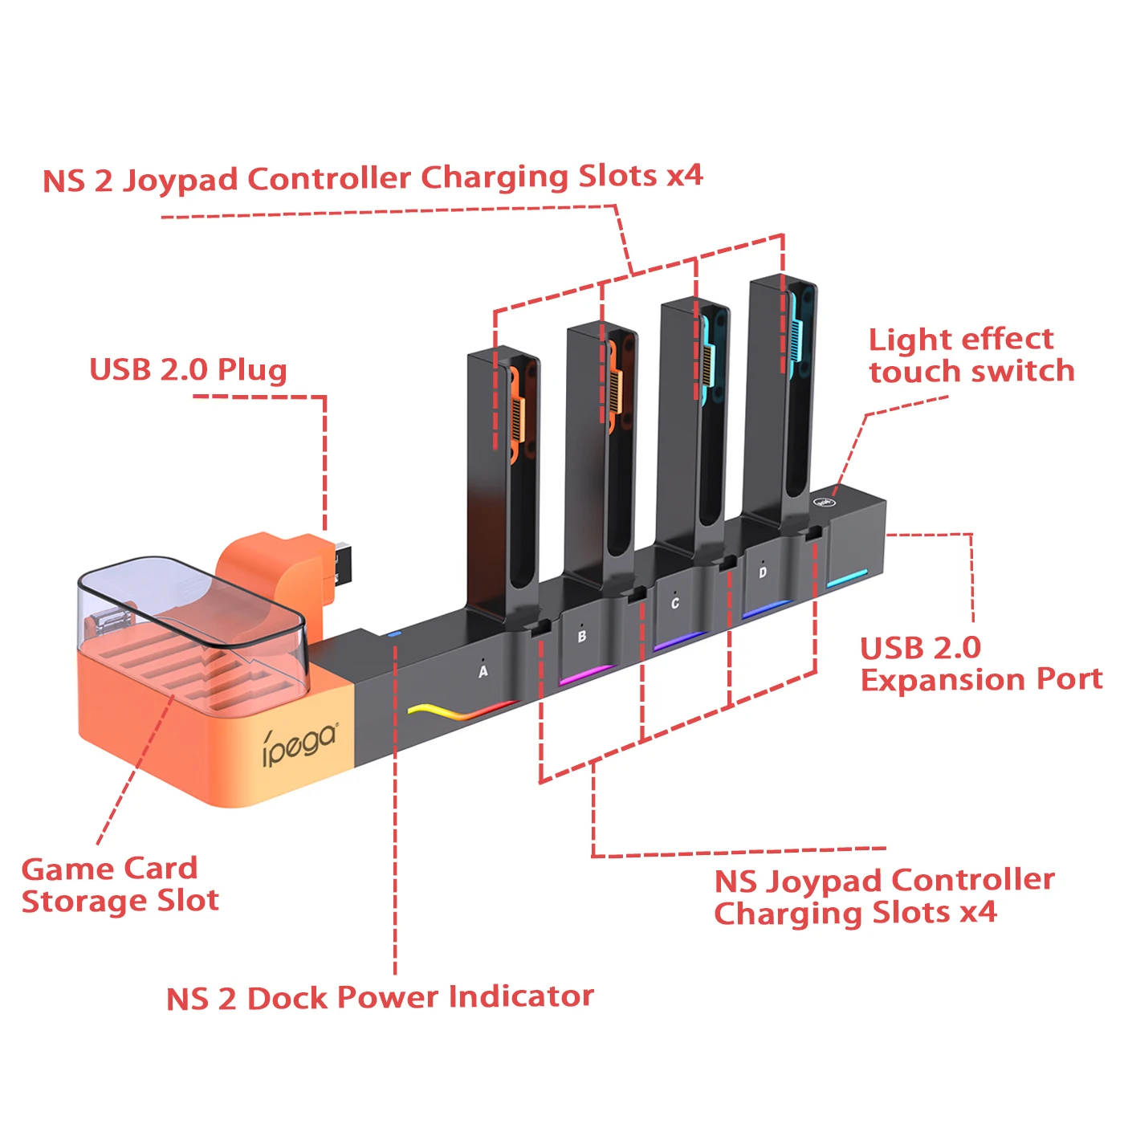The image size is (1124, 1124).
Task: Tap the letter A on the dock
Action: click(x=483, y=671)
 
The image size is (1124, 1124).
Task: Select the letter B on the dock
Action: click(x=582, y=637)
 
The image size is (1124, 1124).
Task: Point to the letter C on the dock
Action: click(x=675, y=604)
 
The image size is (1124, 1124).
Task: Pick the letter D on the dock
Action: click(x=763, y=572)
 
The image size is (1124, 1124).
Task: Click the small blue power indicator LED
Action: click(x=393, y=634)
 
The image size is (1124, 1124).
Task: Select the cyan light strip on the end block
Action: click(x=847, y=578)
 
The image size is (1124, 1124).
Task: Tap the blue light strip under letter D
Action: click(x=767, y=609)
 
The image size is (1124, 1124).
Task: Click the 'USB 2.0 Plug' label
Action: click(x=188, y=370)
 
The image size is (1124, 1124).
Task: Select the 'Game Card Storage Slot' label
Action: click(x=120, y=885)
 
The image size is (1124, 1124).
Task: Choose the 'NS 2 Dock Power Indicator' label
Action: click(x=380, y=998)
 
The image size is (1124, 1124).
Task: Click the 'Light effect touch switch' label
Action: click(x=971, y=356)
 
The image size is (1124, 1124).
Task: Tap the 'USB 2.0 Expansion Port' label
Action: click(x=980, y=664)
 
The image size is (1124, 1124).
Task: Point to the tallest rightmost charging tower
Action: click(x=780, y=401)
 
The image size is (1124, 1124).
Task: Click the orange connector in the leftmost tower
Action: click(x=515, y=417)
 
